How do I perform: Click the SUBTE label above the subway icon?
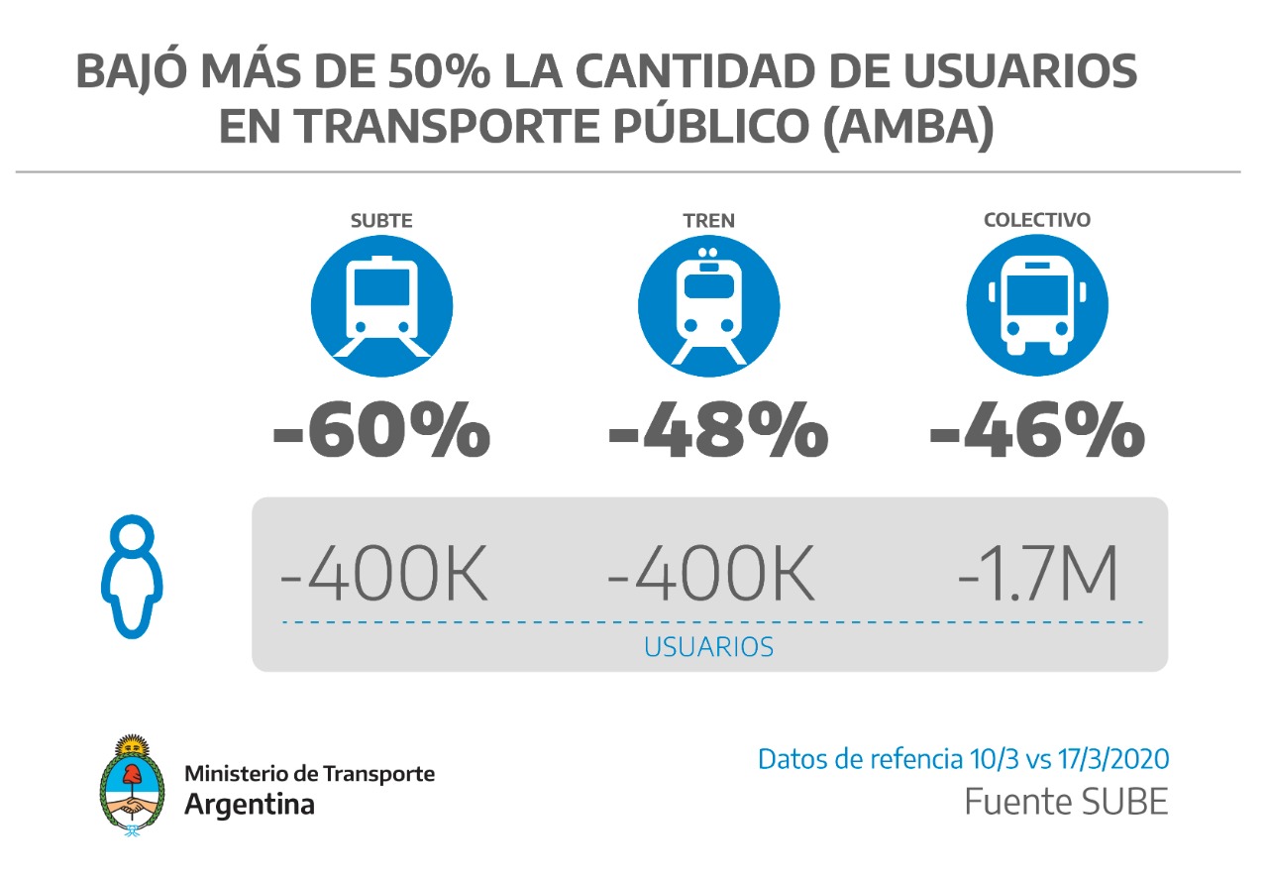click(381, 221)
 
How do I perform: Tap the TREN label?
click(709, 221)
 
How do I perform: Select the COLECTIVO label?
click(1037, 220)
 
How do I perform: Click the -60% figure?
click(381, 432)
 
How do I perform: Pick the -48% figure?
click(717, 432)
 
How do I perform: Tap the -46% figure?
click(1036, 432)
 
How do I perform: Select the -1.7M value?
click(1037, 574)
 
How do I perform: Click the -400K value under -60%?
click(384, 574)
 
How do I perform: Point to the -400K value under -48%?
click(711, 574)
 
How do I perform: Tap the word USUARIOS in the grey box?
click(708, 648)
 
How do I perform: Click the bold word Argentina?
click(250, 804)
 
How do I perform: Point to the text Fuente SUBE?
click(1066, 802)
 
